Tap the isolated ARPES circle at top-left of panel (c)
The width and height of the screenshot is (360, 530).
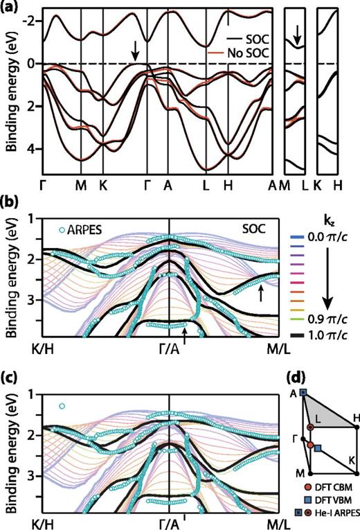pyautogui.click(x=62, y=406)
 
